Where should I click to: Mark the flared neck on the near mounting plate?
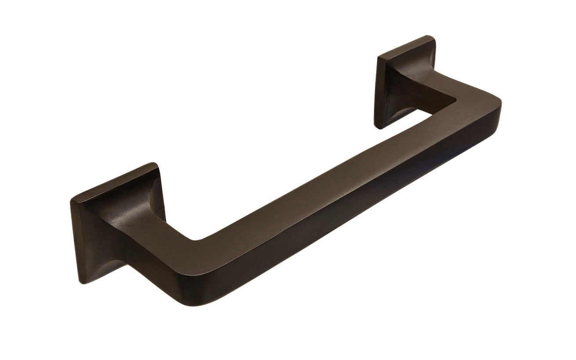pos(132,228)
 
